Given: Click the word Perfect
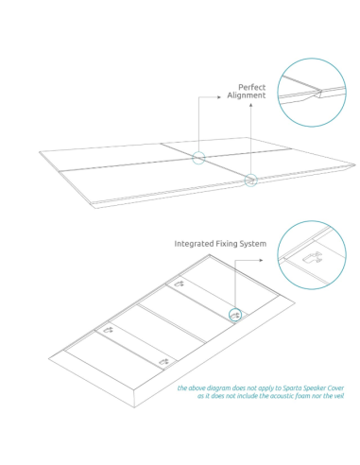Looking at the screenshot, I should coord(252,87).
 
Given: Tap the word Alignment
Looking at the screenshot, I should coord(247,95).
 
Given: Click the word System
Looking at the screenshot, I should coord(253,244).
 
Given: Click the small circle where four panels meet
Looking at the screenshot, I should coord(198,157).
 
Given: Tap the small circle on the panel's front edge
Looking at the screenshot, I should coord(250,180).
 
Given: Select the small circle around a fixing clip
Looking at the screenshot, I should coord(234,315).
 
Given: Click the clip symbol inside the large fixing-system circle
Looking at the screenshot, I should coord(313,255).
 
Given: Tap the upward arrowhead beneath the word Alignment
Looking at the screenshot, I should coord(250,107).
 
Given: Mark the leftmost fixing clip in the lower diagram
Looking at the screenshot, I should coord(109,329).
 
